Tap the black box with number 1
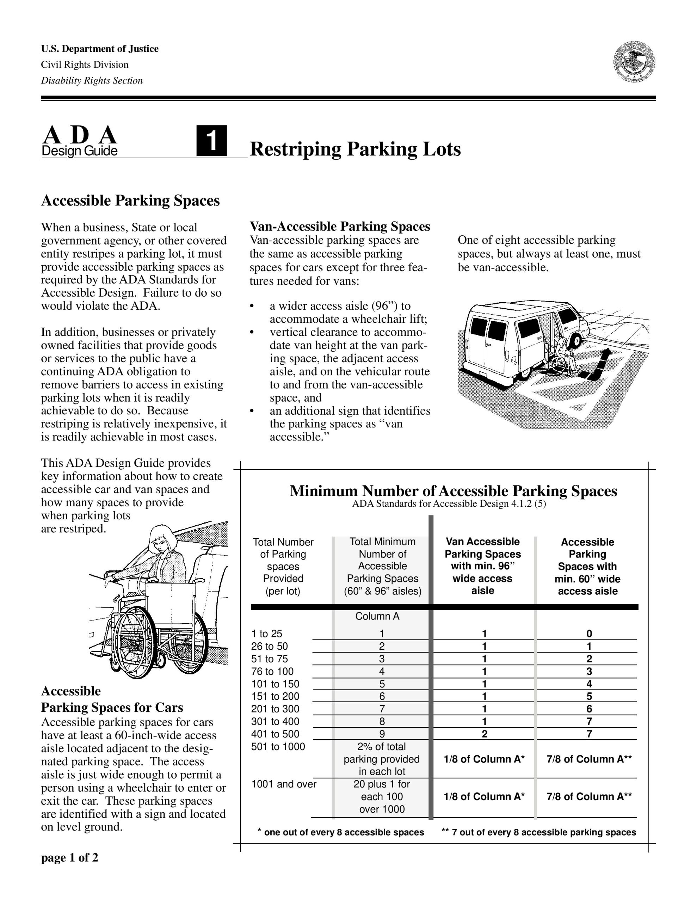(x=211, y=141)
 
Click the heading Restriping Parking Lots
(x=355, y=149)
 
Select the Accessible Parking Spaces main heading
(x=130, y=201)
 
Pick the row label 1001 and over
(x=284, y=784)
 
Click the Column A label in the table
(x=377, y=616)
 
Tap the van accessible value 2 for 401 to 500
(x=484, y=734)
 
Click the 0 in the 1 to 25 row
(x=589, y=634)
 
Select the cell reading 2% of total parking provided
(x=381, y=759)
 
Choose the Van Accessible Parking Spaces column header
(x=482, y=566)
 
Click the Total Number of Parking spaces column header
(x=283, y=566)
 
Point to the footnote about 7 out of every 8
(x=539, y=832)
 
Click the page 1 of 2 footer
(x=69, y=858)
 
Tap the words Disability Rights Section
(x=92, y=81)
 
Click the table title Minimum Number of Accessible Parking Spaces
(x=453, y=491)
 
